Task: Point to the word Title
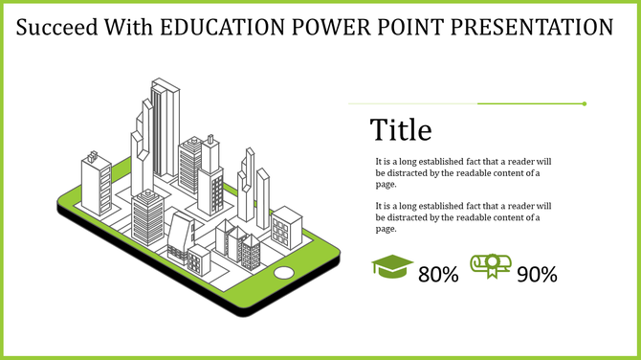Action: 401,129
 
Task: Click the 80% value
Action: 439,275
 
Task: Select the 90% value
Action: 537,275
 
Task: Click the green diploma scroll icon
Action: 490,267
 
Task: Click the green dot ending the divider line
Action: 585,103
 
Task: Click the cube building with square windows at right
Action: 285,227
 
